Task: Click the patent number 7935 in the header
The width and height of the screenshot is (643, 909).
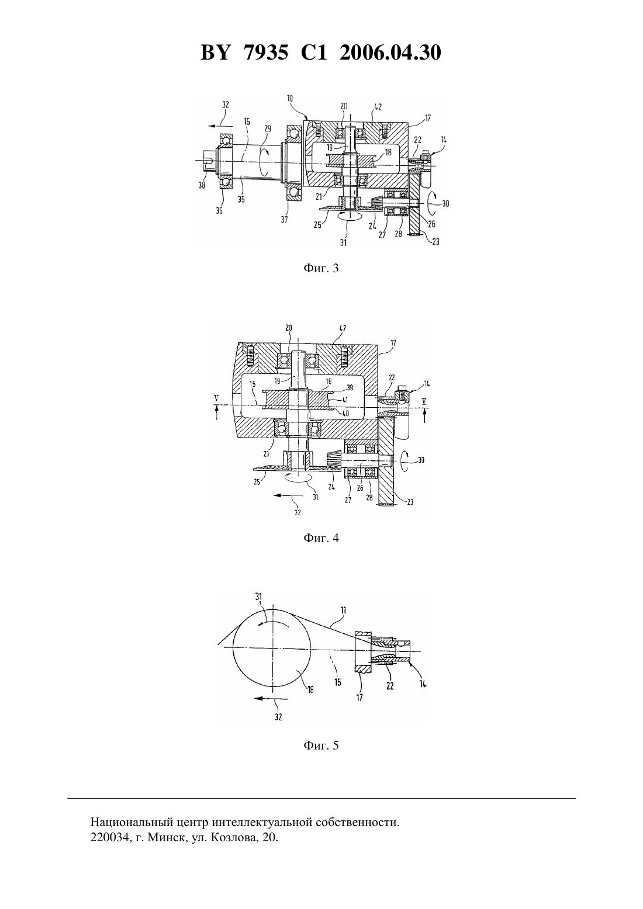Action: pyautogui.click(x=266, y=53)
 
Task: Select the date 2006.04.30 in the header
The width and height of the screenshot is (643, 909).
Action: pyautogui.click(x=390, y=53)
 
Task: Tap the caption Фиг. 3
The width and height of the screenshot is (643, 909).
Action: pyautogui.click(x=321, y=268)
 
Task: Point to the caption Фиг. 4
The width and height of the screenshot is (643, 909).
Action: pyautogui.click(x=321, y=538)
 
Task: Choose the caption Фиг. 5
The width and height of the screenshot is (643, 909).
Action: pyautogui.click(x=321, y=745)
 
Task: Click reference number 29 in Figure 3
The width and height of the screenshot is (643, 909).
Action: pyautogui.click(x=268, y=129)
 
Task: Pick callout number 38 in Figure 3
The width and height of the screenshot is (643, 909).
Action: pyautogui.click(x=202, y=185)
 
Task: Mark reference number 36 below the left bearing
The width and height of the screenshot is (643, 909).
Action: pyautogui.click(x=219, y=211)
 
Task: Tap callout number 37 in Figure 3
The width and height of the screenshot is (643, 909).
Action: pyautogui.click(x=284, y=220)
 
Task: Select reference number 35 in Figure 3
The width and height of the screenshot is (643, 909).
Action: pyautogui.click(x=241, y=199)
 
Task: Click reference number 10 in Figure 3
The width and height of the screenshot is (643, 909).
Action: pyautogui.click(x=289, y=98)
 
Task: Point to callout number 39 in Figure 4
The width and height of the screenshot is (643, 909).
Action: pyautogui.click(x=350, y=388)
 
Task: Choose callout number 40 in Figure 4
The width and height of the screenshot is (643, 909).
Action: pyautogui.click(x=345, y=414)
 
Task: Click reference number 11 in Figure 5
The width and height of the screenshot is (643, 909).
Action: pyautogui.click(x=343, y=610)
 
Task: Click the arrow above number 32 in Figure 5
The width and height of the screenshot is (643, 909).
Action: pyautogui.click(x=271, y=698)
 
